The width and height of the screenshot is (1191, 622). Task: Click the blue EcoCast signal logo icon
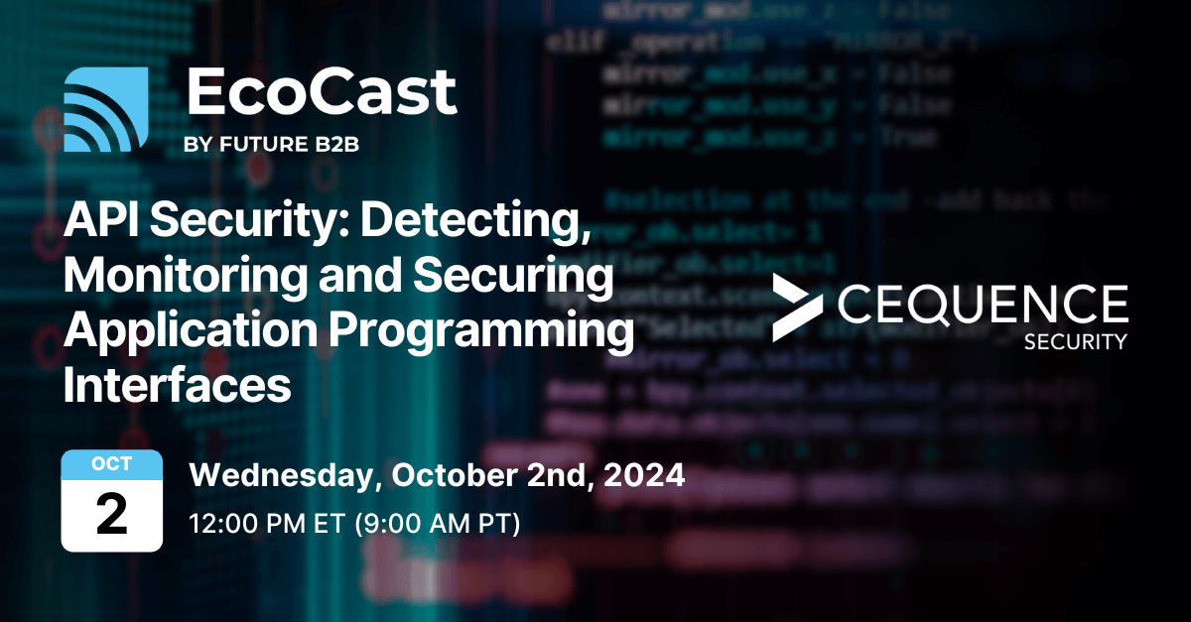coord(105,109)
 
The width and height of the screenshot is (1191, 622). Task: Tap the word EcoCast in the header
coord(321,94)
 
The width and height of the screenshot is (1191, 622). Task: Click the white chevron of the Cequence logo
coord(794,309)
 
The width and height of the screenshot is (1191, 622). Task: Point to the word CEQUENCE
coord(982,305)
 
